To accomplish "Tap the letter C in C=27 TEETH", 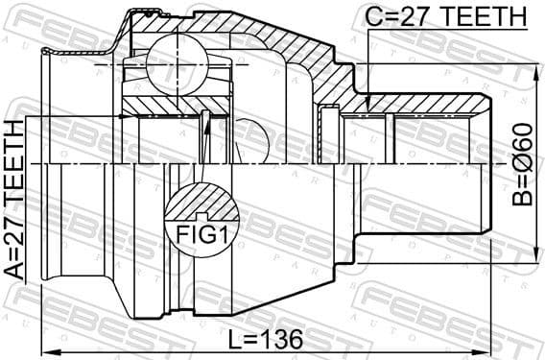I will [371, 18].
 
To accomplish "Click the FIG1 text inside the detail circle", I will [201, 233].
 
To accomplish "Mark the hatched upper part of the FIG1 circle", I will [201, 203].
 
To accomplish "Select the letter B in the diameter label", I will [520, 198].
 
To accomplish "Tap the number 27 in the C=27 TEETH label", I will [410, 18].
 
